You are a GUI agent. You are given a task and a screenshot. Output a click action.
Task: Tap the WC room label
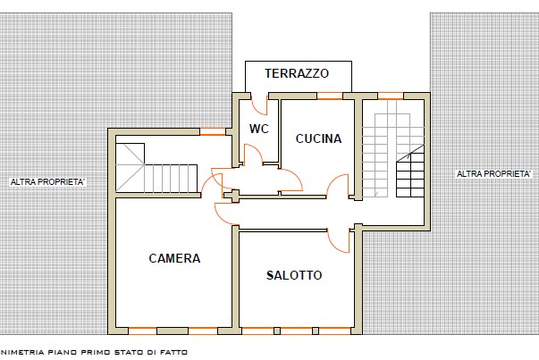pos(259,129)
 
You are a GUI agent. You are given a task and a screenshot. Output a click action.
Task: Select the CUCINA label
pos(318,138)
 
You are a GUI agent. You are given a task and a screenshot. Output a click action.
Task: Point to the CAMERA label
pos(174,258)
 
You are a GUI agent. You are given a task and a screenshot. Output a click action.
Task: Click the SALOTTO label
pos(294,275)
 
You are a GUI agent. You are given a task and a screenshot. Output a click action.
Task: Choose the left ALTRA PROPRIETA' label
pos(47,182)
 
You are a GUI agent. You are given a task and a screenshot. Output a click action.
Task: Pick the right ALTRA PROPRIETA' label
pos(493,173)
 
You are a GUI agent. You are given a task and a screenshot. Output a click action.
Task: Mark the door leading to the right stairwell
pos(338,188)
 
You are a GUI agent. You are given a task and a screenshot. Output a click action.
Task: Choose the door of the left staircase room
pos(211,183)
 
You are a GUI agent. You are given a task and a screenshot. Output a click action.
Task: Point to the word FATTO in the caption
pos(173,352)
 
